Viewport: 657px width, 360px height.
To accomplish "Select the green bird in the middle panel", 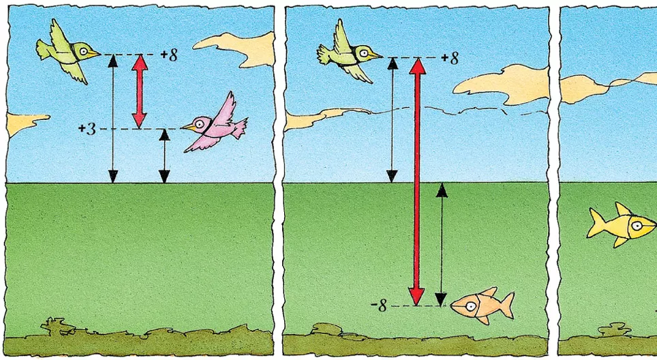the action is point(349,52).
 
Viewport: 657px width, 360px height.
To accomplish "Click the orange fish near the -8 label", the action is point(482,306).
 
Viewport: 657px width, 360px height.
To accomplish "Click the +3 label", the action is point(87,129).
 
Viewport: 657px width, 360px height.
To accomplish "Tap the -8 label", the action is point(379,306).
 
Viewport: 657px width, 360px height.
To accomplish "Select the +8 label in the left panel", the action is point(169,55).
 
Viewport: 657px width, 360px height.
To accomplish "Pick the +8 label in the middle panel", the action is point(450,58).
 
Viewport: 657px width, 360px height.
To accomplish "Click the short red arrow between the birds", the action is point(140,91).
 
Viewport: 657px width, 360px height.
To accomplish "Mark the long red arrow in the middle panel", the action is point(417,181).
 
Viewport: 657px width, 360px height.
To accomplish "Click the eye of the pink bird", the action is point(200,123).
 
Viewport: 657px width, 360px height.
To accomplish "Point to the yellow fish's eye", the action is point(637,226).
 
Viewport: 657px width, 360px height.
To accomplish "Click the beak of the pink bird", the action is point(187,127).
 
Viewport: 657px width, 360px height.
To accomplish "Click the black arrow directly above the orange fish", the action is point(441,245).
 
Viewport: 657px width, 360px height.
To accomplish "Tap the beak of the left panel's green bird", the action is point(95,54).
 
